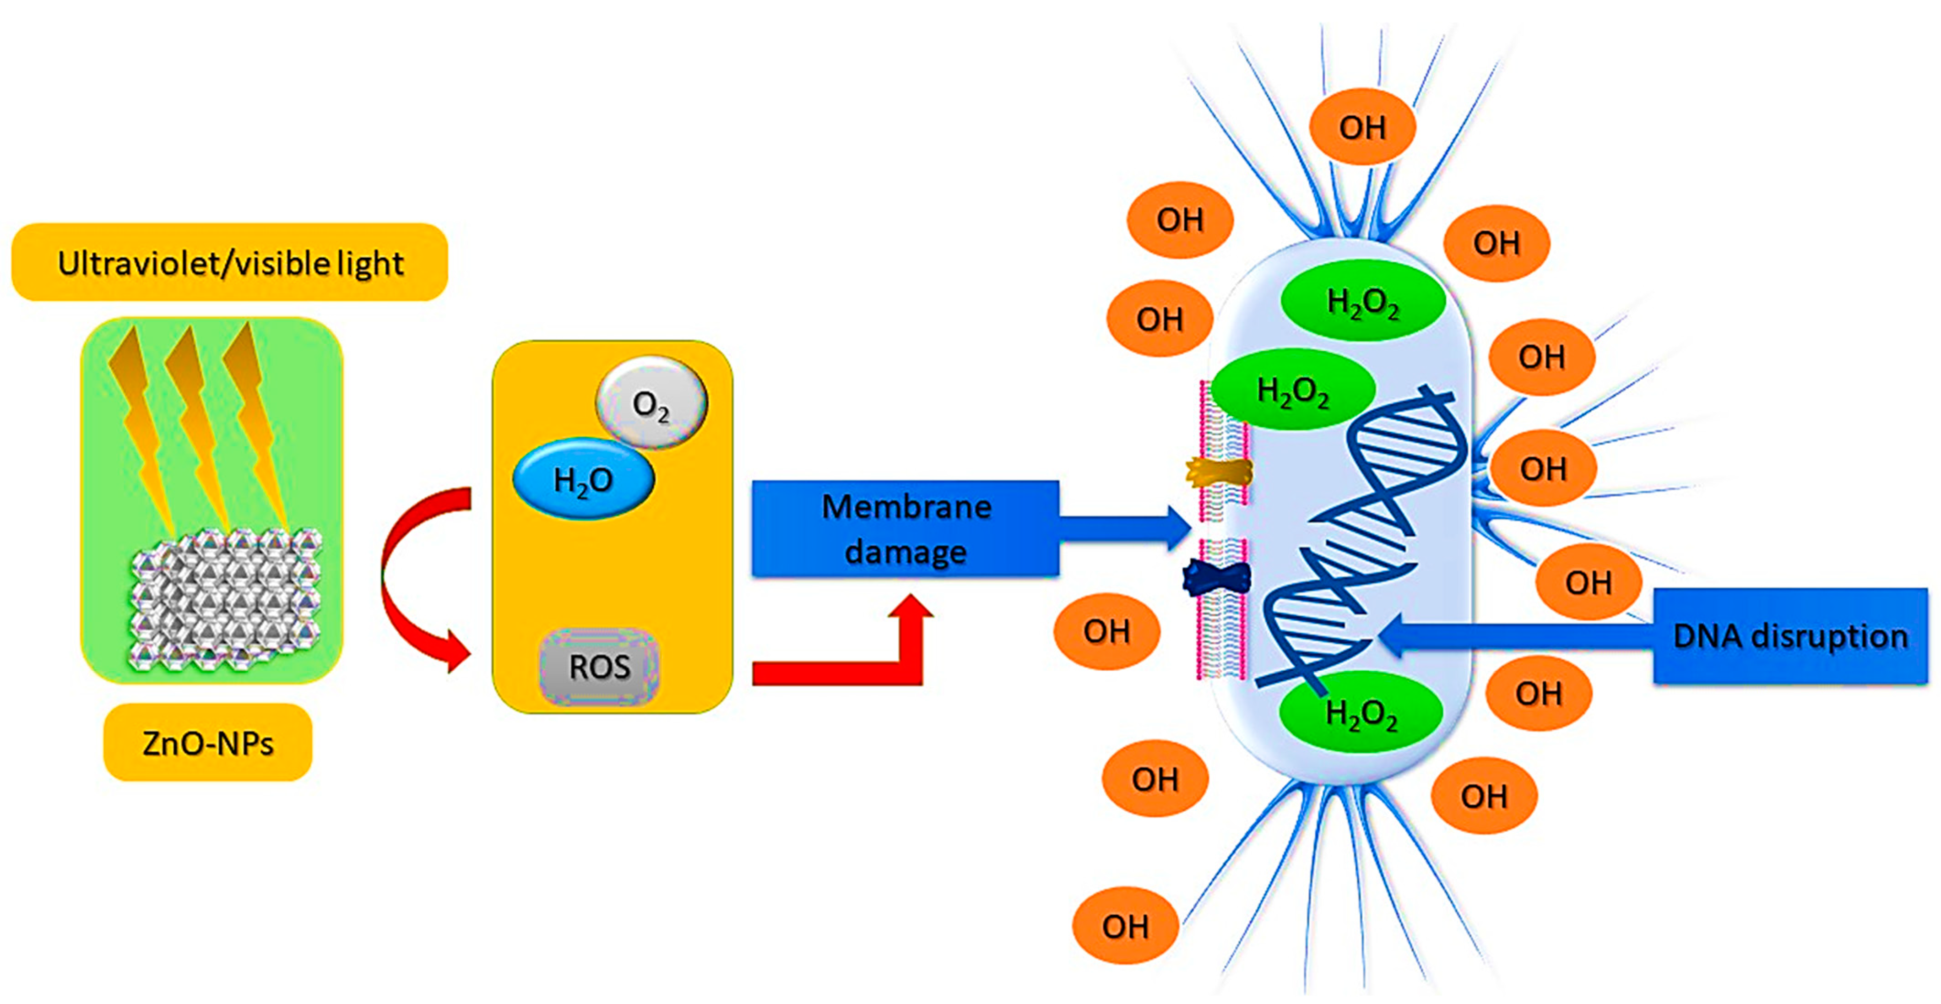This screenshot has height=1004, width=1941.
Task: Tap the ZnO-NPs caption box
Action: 207,743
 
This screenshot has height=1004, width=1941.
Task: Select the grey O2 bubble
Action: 652,404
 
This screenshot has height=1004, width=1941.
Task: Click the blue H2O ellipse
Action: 583,479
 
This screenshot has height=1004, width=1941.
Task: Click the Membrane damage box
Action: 905,529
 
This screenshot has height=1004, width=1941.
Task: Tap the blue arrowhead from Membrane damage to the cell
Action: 1176,527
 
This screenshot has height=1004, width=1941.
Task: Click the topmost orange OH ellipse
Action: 1362,127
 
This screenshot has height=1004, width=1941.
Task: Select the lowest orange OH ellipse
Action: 1125,926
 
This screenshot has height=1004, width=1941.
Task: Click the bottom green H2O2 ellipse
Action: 1361,712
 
